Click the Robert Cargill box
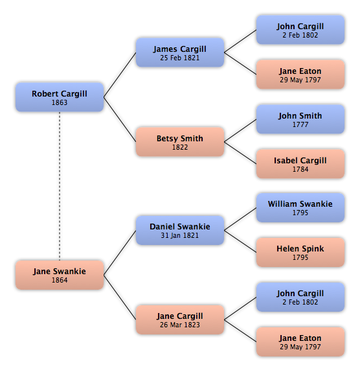pyautogui.click(x=60, y=97)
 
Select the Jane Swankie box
pyautogui.click(x=60, y=275)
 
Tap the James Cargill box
pyautogui.click(x=180, y=52)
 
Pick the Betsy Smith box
pyautogui.click(x=180, y=142)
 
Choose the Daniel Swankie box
pyautogui.click(x=180, y=230)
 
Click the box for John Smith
pyautogui.click(x=300, y=119)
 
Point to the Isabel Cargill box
pyautogui.click(x=300, y=164)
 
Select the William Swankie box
pyautogui.click(x=300, y=207)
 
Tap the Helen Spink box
pyautogui.click(x=300, y=252)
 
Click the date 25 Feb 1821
pyautogui.click(x=180, y=58)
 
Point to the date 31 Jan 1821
pyautogui.click(x=180, y=235)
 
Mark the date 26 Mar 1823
pyautogui.click(x=180, y=325)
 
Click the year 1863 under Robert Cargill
pyautogui.click(x=60, y=102)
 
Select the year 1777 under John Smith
pyautogui.click(x=300, y=124)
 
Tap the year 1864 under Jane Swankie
pyautogui.click(x=60, y=280)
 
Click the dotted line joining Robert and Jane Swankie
pyautogui.click(x=60, y=186)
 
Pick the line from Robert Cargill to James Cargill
pyautogui.click(x=120, y=75)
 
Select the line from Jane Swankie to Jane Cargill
pyautogui.click(x=120, y=297)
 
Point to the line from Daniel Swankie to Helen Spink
pyautogui.click(x=240, y=241)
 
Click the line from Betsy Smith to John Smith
pyautogui.click(x=240, y=130)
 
